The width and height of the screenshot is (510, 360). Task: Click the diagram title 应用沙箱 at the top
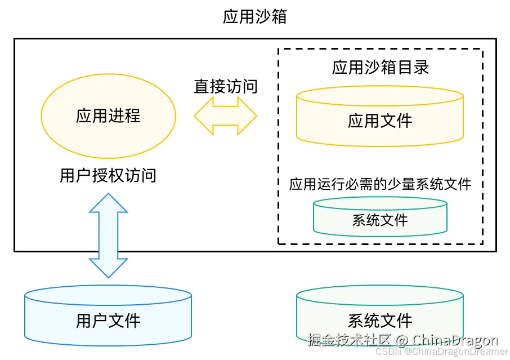(254, 17)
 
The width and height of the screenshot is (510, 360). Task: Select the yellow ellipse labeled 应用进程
(108, 117)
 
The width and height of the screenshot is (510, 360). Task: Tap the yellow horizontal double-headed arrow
(225, 116)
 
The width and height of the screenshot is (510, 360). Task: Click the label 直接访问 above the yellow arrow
(225, 87)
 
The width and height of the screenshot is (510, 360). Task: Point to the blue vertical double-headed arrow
(109, 235)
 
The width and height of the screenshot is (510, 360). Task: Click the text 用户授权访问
(108, 176)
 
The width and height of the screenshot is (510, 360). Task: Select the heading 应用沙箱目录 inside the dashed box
(380, 68)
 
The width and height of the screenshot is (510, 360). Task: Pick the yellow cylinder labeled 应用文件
(380, 121)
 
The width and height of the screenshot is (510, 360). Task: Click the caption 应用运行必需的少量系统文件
(380, 184)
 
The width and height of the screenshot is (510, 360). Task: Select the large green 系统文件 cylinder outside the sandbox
(380, 318)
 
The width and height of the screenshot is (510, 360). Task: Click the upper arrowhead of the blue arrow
(109, 203)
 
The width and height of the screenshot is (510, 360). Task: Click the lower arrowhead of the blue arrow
(109, 268)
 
